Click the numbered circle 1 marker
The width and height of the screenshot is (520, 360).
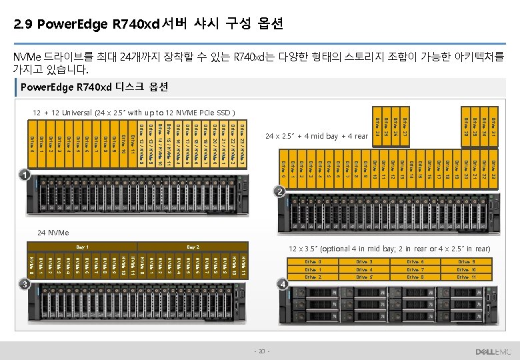[23, 176]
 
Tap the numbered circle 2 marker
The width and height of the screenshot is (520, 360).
[280, 193]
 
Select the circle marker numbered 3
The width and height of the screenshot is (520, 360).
[23, 284]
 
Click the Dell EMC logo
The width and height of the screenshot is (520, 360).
[492, 351]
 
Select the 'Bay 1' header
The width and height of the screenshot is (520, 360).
[83, 247]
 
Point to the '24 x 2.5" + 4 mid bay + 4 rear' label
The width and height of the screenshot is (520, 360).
[317, 137]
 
